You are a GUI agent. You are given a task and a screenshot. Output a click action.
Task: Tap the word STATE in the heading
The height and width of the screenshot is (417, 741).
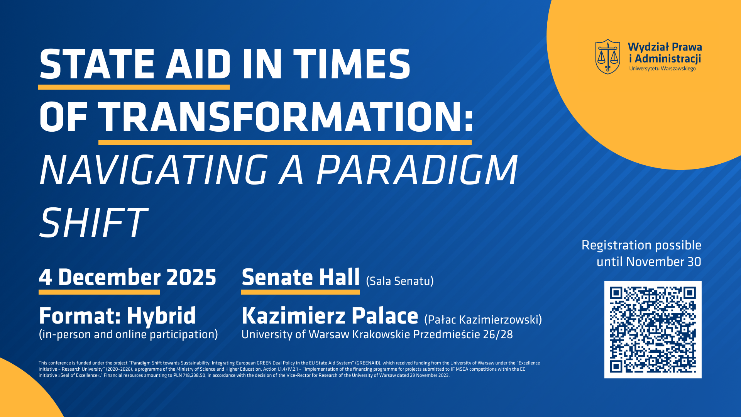[96, 64]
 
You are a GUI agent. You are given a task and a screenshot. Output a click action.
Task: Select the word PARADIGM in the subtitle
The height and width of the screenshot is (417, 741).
[417, 170]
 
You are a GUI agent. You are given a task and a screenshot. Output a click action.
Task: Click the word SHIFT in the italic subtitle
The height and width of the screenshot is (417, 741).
[93, 223]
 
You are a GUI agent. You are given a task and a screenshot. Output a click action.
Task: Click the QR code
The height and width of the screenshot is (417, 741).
[653, 329]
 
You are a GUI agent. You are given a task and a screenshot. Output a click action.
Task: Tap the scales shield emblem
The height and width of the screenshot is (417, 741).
[608, 56]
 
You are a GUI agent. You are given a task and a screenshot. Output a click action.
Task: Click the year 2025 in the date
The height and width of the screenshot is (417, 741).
[191, 277]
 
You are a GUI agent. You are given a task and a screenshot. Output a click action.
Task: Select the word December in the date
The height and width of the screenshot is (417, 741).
[109, 277]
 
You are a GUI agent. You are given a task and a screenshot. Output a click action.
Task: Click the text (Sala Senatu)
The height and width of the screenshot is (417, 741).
[400, 281]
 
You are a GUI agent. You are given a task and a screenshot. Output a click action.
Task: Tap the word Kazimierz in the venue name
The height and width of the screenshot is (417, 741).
[293, 315]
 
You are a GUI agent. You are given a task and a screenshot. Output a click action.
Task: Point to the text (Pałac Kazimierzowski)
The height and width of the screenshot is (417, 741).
[483, 320]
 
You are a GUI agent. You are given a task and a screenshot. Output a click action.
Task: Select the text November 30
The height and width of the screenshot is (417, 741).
[664, 262]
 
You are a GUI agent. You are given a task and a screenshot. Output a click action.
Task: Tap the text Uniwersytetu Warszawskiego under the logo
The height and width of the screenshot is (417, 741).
[662, 69]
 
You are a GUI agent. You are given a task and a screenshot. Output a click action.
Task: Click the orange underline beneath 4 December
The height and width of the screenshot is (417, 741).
[99, 292]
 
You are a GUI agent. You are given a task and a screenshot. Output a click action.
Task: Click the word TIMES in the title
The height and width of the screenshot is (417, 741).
[352, 64]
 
